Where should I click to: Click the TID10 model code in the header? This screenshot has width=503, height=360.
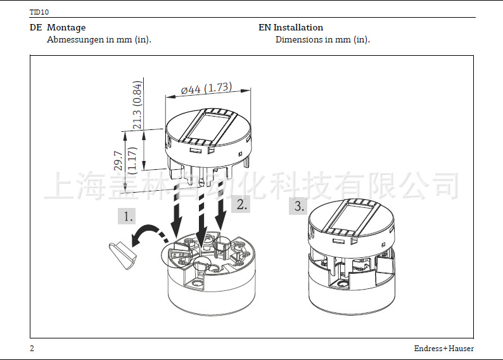coord(39,12)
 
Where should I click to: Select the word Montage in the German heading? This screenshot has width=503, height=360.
coord(66,28)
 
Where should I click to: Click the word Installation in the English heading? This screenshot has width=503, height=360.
coord(298,28)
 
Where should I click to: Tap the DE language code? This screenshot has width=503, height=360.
coord(35,28)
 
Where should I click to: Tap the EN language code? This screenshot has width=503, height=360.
coord(265,28)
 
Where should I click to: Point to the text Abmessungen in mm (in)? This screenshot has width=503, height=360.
coord(99,39)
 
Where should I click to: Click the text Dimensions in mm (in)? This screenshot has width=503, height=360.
coord(322,39)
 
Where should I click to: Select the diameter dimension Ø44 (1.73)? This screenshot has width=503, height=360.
coord(206,89)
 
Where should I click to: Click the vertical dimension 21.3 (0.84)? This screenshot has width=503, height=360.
coord(137,105)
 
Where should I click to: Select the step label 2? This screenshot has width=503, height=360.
coord(242,204)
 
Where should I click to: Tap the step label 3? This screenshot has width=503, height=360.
coord(299,206)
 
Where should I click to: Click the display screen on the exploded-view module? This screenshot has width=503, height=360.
coord(206,125)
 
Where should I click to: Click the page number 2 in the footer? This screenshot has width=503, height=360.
coord(32,349)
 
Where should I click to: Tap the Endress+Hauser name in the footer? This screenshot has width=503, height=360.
coord(443,349)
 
